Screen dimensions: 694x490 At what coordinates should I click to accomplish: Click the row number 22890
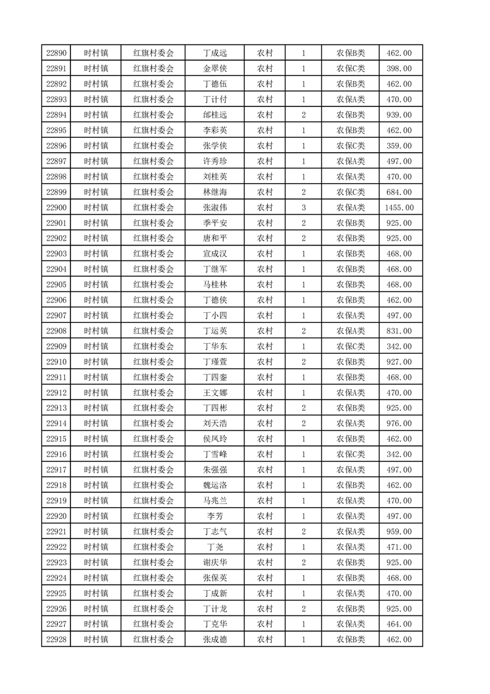[56, 53]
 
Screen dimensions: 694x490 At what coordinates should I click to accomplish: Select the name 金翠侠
[214, 69]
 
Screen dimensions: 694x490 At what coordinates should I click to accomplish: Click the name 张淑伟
[214, 207]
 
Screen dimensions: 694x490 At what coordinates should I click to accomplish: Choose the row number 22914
[56, 423]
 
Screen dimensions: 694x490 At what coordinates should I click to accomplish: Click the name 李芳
[214, 516]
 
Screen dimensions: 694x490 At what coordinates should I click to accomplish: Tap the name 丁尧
[214, 547]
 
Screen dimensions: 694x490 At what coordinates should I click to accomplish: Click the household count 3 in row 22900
[303, 207]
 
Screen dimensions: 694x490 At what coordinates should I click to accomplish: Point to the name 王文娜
[214, 392]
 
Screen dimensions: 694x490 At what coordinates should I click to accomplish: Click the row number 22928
[56, 640]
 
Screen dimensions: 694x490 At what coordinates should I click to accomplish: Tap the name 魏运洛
[214, 485]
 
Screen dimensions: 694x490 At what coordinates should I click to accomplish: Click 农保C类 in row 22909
[350, 346]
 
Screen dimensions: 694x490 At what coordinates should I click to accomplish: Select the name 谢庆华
[214, 562]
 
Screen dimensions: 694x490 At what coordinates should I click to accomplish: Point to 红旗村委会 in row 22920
[153, 516]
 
